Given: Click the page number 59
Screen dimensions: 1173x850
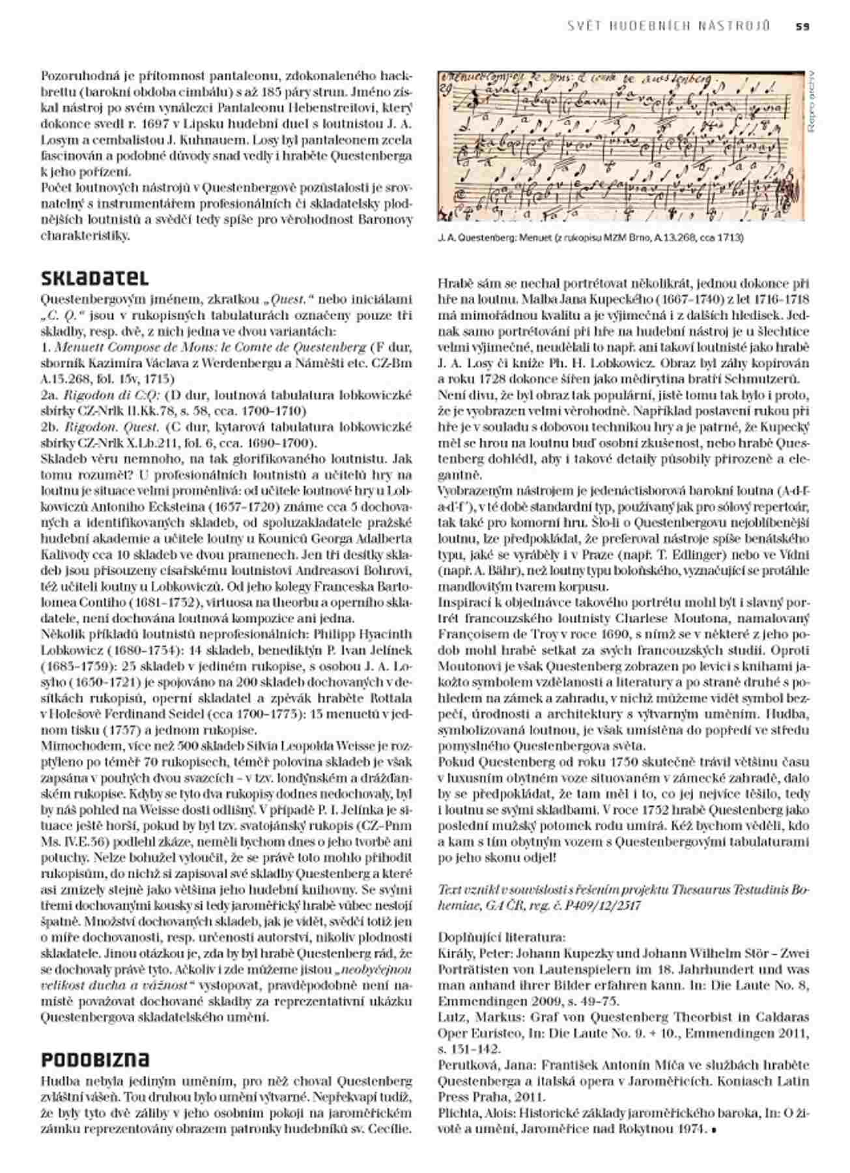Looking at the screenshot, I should tap(802, 27).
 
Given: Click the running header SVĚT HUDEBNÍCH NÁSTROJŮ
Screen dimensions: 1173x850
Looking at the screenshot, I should tap(669, 27).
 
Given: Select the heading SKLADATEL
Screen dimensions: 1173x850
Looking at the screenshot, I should tap(94, 278).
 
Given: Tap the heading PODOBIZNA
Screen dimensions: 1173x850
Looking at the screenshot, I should tap(95, 1059).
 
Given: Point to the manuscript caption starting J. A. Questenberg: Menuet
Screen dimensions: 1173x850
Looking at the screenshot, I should tap(590, 238).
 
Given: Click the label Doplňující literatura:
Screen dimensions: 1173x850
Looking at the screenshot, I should tap(502, 937).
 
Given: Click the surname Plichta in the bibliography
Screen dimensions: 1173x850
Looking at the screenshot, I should tap(458, 1112).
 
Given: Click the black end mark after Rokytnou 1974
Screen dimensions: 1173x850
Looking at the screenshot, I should tap(714, 1130).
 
